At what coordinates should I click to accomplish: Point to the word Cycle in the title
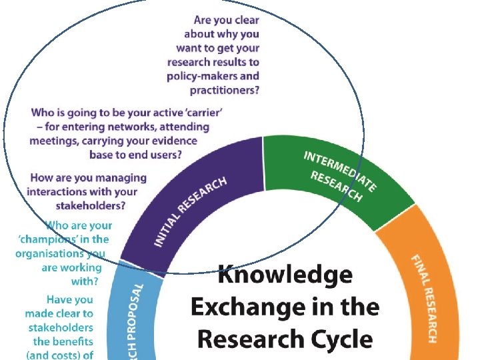coord(338,338)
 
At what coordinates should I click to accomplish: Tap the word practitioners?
coord(225,90)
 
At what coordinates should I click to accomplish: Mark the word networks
coord(120,127)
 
